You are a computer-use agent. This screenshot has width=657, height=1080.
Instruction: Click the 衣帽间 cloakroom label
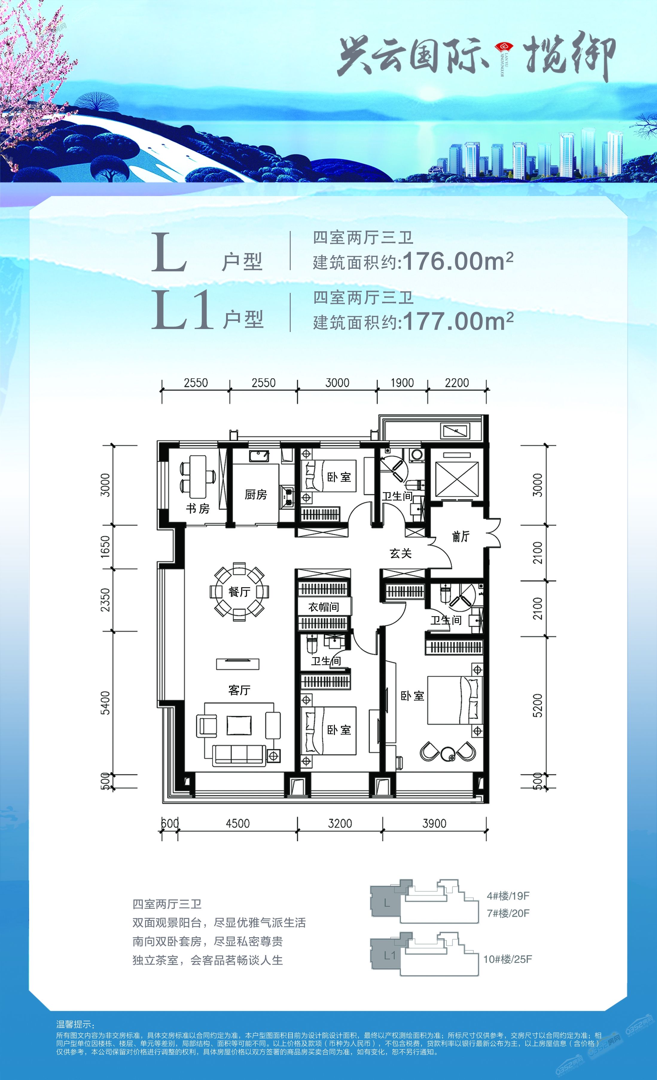(x=324, y=607)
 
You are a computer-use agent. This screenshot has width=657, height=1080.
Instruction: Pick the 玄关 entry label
(x=400, y=553)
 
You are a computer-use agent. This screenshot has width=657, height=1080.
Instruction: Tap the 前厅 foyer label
(x=461, y=536)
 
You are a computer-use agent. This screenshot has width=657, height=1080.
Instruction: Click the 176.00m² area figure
(x=458, y=261)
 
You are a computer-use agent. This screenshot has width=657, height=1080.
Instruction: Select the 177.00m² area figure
(x=458, y=321)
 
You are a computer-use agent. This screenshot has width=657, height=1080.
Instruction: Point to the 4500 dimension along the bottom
(x=238, y=823)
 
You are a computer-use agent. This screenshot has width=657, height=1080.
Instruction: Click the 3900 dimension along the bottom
(x=434, y=823)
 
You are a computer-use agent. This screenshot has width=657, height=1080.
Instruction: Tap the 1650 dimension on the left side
(x=105, y=547)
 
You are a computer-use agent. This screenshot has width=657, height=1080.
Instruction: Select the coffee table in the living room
(x=239, y=725)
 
